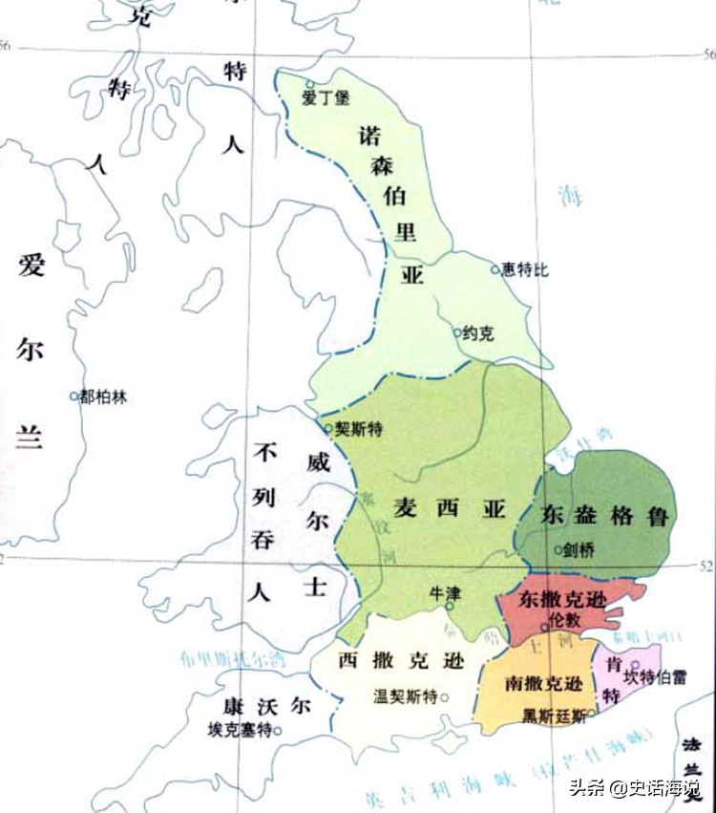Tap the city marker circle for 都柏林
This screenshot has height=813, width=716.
(74, 396)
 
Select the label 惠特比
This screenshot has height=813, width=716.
(526, 270)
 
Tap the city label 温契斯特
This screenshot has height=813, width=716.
(405, 695)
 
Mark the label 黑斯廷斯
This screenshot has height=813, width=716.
(554, 715)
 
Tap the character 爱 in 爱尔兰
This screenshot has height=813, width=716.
(31, 267)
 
